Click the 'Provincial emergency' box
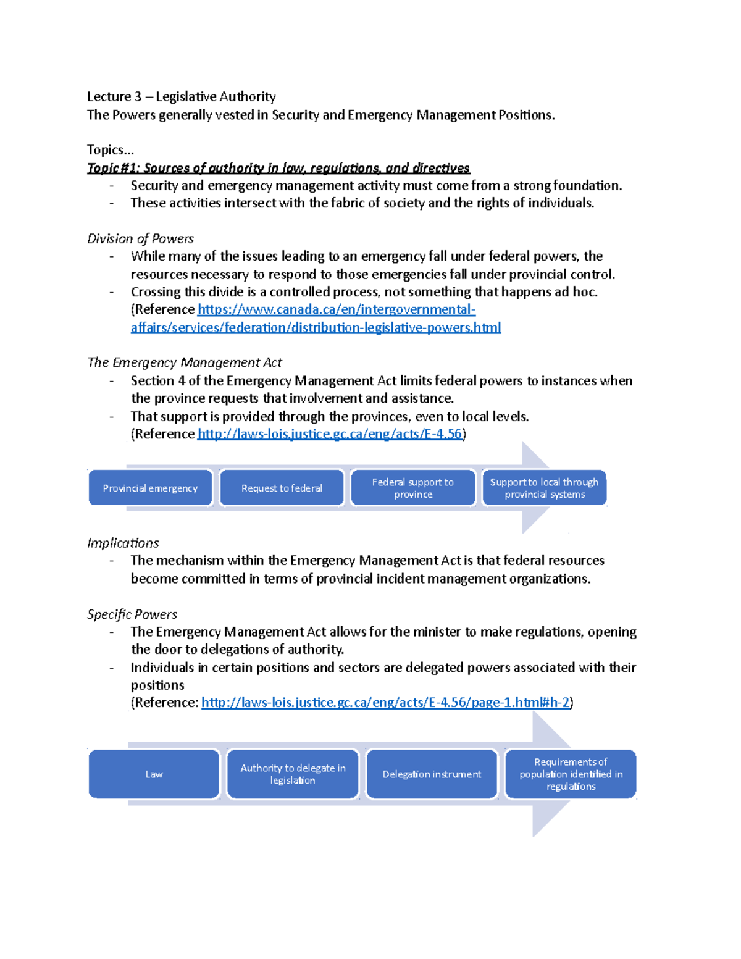[x=150, y=488]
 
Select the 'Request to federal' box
[x=282, y=488]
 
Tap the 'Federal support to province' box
[x=413, y=488]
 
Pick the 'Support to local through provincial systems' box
[x=544, y=488]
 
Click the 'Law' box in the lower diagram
[x=154, y=774]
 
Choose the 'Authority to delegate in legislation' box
[x=293, y=774]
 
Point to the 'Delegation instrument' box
[x=432, y=774]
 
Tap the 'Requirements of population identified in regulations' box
[x=571, y=774]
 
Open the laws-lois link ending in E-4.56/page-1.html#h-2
[x=386, y=703]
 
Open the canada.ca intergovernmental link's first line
[x=337, y=309]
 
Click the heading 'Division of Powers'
[x=140, y=239]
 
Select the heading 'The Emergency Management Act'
[x=185, y=362]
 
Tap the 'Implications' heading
[x=123, y=543]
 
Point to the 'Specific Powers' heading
[x=132, y=614]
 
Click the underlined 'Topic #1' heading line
[x=278, y=168]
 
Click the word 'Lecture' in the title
[x=109, y=96]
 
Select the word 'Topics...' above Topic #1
[x=111, y=150]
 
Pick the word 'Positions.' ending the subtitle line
[x=526, y=115]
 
